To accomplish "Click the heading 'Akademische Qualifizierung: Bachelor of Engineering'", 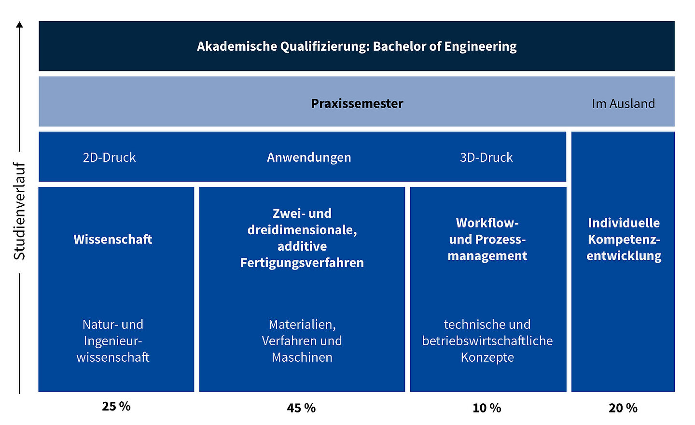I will [x=356, y=46].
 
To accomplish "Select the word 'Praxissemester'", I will [x=357, y=103].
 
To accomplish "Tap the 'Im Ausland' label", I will [x=623, y=103].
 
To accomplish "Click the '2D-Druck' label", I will [x=109, y=157].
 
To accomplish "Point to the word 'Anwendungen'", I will [x=309, y=157].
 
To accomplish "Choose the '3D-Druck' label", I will [x=486, y=157].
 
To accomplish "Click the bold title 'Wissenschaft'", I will [x=113, y=239].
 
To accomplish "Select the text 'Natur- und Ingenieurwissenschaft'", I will [x=113, y=341].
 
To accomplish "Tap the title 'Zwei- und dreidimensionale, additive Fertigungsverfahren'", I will [x=302, y=238].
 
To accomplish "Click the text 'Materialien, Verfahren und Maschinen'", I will [x=302, y=341].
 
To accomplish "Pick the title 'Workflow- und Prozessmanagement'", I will [x=487, y=239].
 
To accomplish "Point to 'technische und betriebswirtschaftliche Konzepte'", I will [x=487, y=341].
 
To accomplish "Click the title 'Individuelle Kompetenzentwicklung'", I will [x=624, y=239].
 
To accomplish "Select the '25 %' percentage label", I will [x=116, y=406].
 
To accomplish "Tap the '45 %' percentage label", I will [x=301, y=408].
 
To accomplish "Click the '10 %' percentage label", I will [x=486, y=408].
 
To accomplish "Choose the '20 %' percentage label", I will [x=623, y=408].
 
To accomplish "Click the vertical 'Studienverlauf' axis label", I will [x=19, y=211].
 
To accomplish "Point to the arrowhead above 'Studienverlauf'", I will [x=19, y=25].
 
